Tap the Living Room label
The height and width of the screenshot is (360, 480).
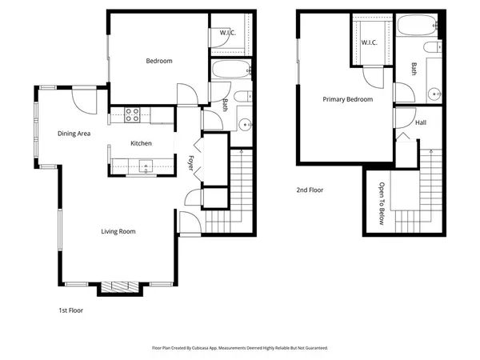point(118,232)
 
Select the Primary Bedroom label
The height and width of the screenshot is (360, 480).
point(347,99)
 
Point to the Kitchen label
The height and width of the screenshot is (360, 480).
point(142,143)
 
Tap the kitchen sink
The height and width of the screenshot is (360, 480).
point(146,166)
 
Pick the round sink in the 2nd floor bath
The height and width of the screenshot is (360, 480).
point(434,92)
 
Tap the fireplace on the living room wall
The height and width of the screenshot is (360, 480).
point(119,287)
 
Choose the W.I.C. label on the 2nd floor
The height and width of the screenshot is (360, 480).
point(369,42)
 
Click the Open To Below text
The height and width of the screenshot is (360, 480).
point(382,204)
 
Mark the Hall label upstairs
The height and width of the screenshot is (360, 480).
point(421,122)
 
